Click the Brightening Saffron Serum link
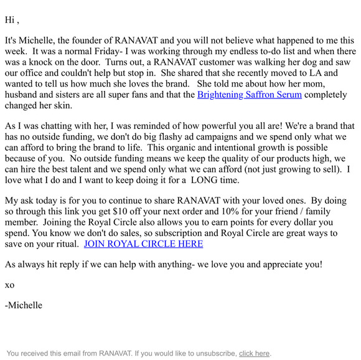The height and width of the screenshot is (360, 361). [250, 95]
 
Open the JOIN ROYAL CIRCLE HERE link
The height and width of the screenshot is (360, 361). [143, 244]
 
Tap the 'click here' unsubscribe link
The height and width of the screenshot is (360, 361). [254, 353]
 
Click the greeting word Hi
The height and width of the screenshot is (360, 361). [10, 20]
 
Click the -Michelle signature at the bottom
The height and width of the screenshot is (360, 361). [24, 305]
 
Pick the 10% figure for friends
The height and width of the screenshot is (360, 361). [235, 211]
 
